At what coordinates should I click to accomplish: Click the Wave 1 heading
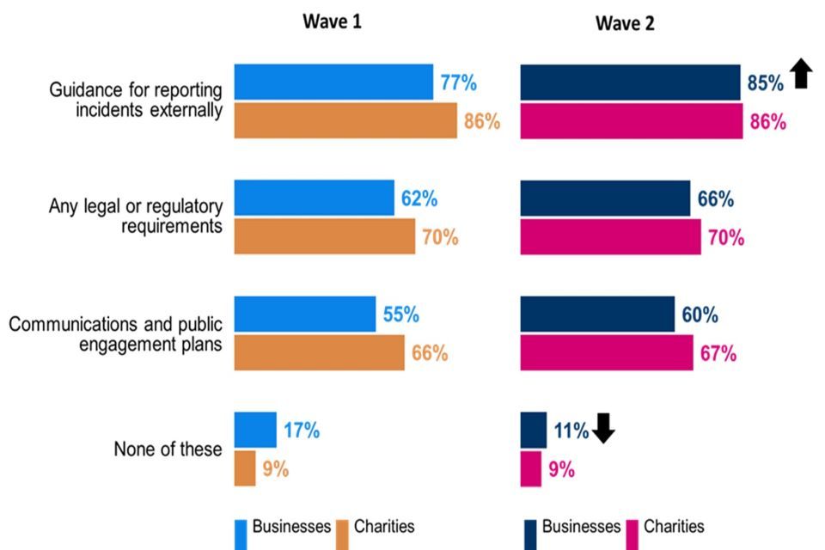pos(332,22)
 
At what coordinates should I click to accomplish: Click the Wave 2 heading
pos(625,24)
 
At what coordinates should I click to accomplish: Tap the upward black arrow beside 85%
pos(801,73)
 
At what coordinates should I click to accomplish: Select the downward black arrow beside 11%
pos(603,428)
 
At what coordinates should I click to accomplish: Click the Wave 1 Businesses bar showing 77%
pos(333,82)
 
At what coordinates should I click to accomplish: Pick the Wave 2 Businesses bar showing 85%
pos(630,82)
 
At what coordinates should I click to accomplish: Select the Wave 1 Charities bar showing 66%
pos(319,353)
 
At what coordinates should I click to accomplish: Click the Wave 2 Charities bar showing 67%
pos(607,353)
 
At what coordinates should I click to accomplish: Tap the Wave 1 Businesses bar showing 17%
pos(255,430)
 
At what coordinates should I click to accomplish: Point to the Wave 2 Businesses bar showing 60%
pos(597,315)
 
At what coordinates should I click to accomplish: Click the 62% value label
pos(419,199)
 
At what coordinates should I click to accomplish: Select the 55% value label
pos(400,315)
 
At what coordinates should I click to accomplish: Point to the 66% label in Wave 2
pos(715,199)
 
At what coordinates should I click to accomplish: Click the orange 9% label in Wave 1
pos(275,469)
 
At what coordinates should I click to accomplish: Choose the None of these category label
pos(168,449)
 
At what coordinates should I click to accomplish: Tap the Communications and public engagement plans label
pos(115,333)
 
